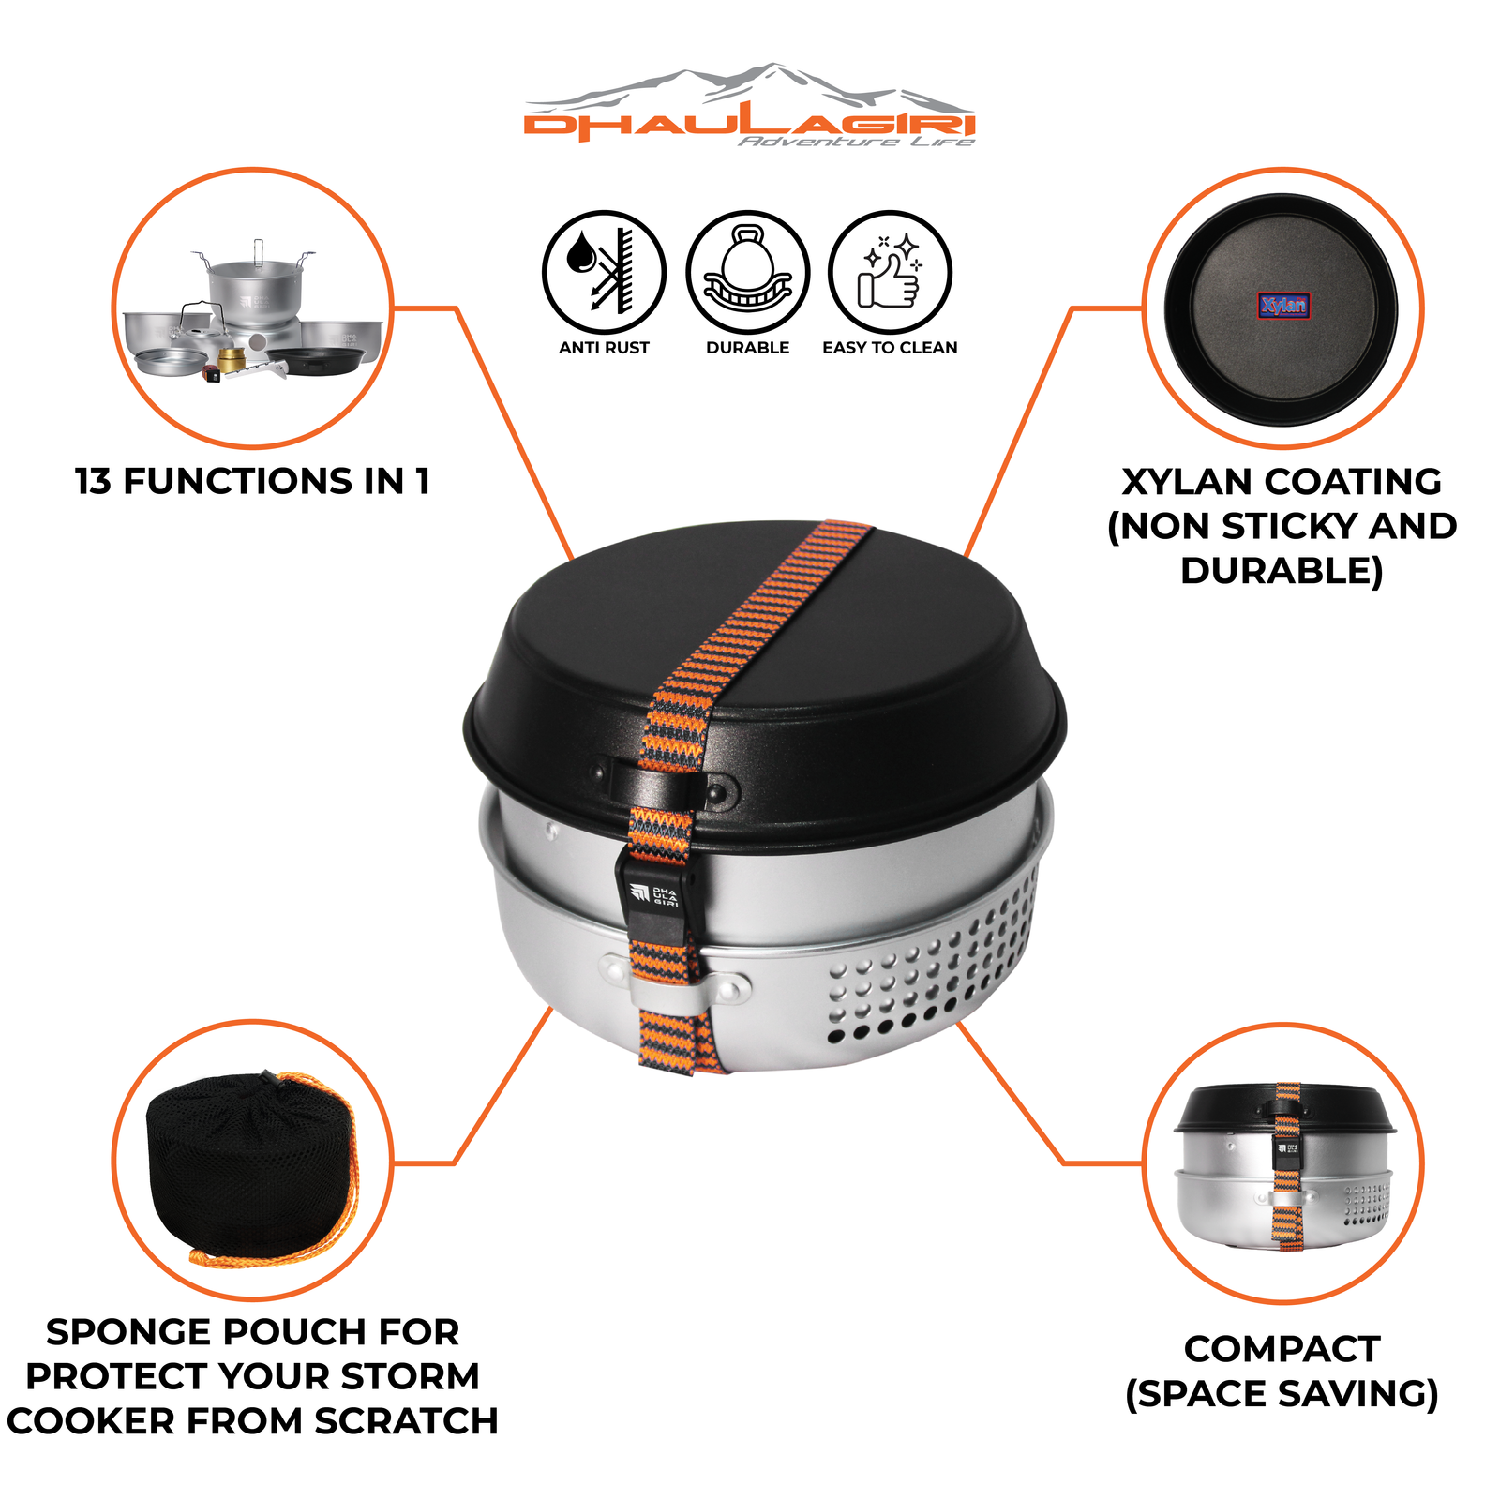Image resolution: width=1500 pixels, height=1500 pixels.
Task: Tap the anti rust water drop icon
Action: point(604,272)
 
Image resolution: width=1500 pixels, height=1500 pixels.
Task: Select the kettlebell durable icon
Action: point(747,272)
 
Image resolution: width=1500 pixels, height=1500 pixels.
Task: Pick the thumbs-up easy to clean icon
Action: point(890,272)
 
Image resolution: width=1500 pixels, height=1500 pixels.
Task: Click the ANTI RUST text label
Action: point(604,348)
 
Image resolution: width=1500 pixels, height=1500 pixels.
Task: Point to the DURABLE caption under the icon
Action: point(747,348)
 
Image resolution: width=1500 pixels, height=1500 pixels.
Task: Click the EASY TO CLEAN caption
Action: point(890,348)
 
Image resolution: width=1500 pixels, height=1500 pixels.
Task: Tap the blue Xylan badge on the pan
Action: point(1282,305)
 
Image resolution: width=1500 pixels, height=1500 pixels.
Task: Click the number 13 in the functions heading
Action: point(93,482)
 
